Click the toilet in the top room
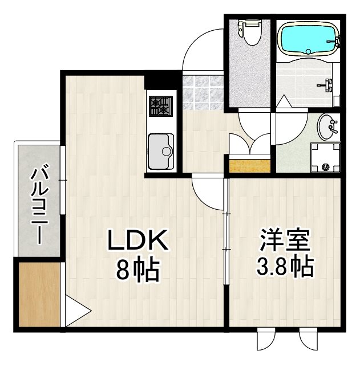249,31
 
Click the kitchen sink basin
161,151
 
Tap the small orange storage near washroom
250,165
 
